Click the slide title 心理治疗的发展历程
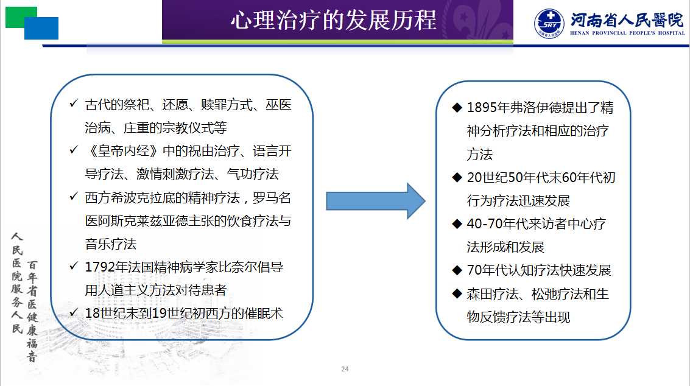(334, 20)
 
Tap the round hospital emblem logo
(549, 23)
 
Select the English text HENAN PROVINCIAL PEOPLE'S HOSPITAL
(627, 33)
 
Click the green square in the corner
(21, 17)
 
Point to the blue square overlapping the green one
(41, 28)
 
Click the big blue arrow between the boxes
(375, 201)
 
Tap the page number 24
(345, 369)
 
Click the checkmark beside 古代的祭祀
(74, 104)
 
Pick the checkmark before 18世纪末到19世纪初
(74, 313)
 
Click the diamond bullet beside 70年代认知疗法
(457, 270)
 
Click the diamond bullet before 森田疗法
(457, 293)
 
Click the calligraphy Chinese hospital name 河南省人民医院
(627, 20)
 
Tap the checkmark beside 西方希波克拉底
(74, 197)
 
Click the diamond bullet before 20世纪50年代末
(457, 177)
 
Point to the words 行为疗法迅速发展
(518, 201)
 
